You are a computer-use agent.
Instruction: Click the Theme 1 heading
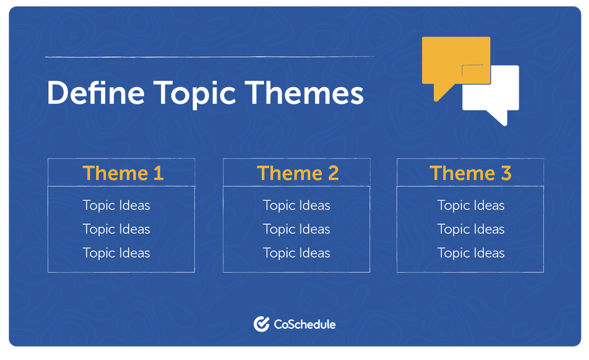[x=123, y=173]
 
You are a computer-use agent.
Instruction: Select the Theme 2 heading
[x=298, y=173]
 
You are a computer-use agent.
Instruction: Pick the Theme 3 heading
[x=471, y=173]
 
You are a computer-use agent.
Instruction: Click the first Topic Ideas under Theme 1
[x=116, y=206]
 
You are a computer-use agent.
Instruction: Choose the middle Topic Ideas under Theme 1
[x=116, y=229]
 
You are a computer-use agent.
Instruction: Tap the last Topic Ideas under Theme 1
[x=116, y=253]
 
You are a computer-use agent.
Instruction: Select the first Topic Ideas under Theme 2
[x=297, y=206]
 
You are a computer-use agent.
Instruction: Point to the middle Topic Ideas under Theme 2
[x=297, y=229]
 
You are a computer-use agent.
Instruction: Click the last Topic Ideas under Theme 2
[x=297, y=253]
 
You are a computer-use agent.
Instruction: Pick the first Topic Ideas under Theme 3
[x=471, y=206]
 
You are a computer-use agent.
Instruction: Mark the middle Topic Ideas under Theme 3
[x=471, y=229]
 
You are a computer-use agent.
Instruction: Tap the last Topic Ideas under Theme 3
[x=471, y=253]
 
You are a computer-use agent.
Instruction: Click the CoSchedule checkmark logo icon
[x=261, y=324]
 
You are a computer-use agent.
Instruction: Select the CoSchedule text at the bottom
[x=304, y=325]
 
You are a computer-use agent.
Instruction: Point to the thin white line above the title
[x=209, y=56]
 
